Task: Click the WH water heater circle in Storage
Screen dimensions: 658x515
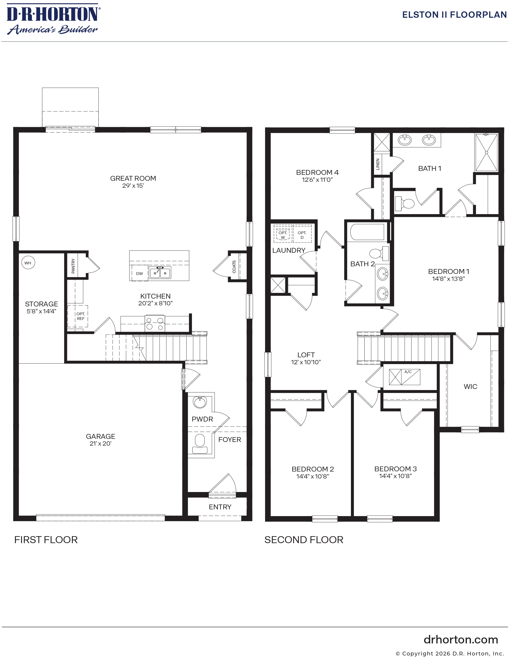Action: [28, 263]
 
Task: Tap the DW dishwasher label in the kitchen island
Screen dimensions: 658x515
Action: [139, 273]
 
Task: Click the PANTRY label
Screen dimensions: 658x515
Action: [73, 266]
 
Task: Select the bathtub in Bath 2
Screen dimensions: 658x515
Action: [367, 232]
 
